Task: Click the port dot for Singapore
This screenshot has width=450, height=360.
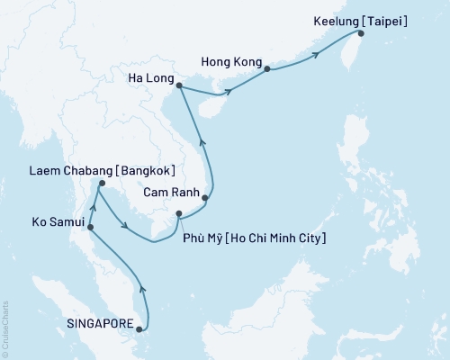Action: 139,328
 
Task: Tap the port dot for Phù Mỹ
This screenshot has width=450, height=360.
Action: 179,213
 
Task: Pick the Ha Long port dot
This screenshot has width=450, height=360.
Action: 179,86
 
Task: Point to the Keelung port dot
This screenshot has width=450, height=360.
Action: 361,33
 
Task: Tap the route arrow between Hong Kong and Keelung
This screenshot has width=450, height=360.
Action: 317,56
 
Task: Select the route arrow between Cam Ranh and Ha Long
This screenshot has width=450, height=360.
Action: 201,139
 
